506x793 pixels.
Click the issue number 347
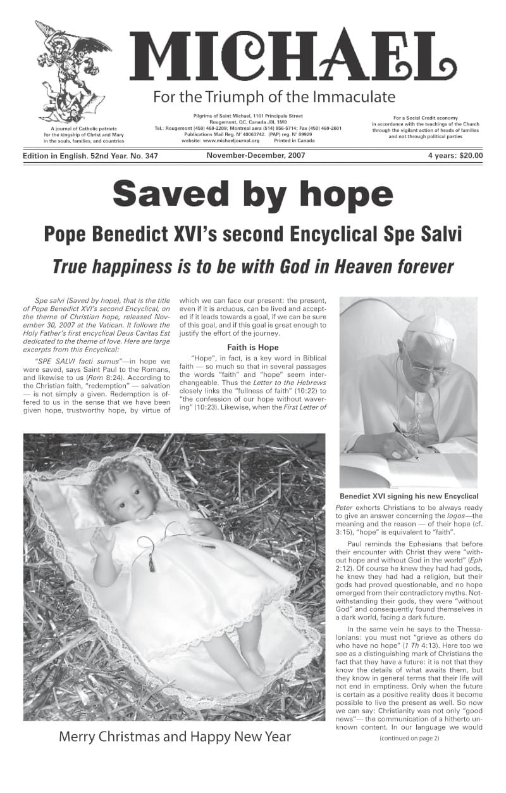pyautogui.click(x=149, y=155)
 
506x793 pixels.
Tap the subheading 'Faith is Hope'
pyautogui.click(x=253, y=347)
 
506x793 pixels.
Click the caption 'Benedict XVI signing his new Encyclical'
pyautogui.click(x=409, y=496)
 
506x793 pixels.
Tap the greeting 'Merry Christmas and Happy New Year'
pyautogui.click(x=175, y=737)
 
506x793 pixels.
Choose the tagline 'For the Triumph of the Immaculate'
pyautogui.click(x=274, y=97)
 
